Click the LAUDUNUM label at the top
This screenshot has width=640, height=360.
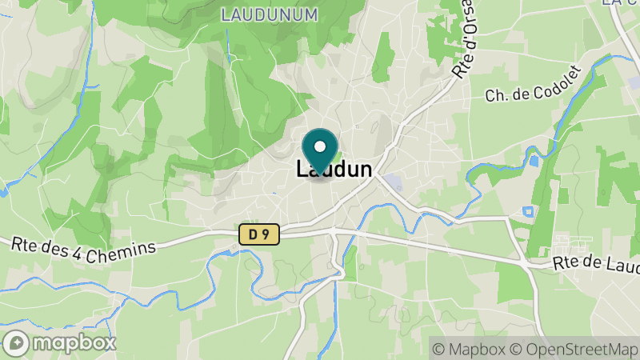(x=269, y=14)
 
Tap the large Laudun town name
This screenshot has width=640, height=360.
(x=334, y=170)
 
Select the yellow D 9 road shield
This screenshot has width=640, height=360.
(x=258, y=234)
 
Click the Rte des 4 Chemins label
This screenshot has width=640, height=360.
(x=82, y=246)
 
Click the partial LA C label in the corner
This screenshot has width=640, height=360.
(x=621, y=3)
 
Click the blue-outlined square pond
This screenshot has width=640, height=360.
(x=527, y=211)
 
